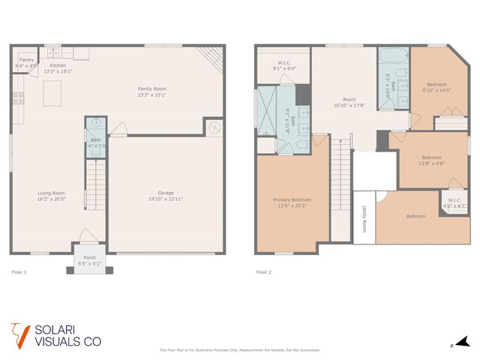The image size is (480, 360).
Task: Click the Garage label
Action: pos(165,193)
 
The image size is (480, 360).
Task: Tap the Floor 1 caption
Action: pos(19,272)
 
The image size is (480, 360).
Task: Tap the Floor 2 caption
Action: pos(263,272)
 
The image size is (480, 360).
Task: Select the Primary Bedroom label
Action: pos(292,199)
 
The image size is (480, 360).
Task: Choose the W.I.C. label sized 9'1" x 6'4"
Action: pos(285,63)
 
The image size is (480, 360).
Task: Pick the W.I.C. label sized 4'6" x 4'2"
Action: pos(454,199)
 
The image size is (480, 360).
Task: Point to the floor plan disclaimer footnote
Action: pos(240,349)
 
